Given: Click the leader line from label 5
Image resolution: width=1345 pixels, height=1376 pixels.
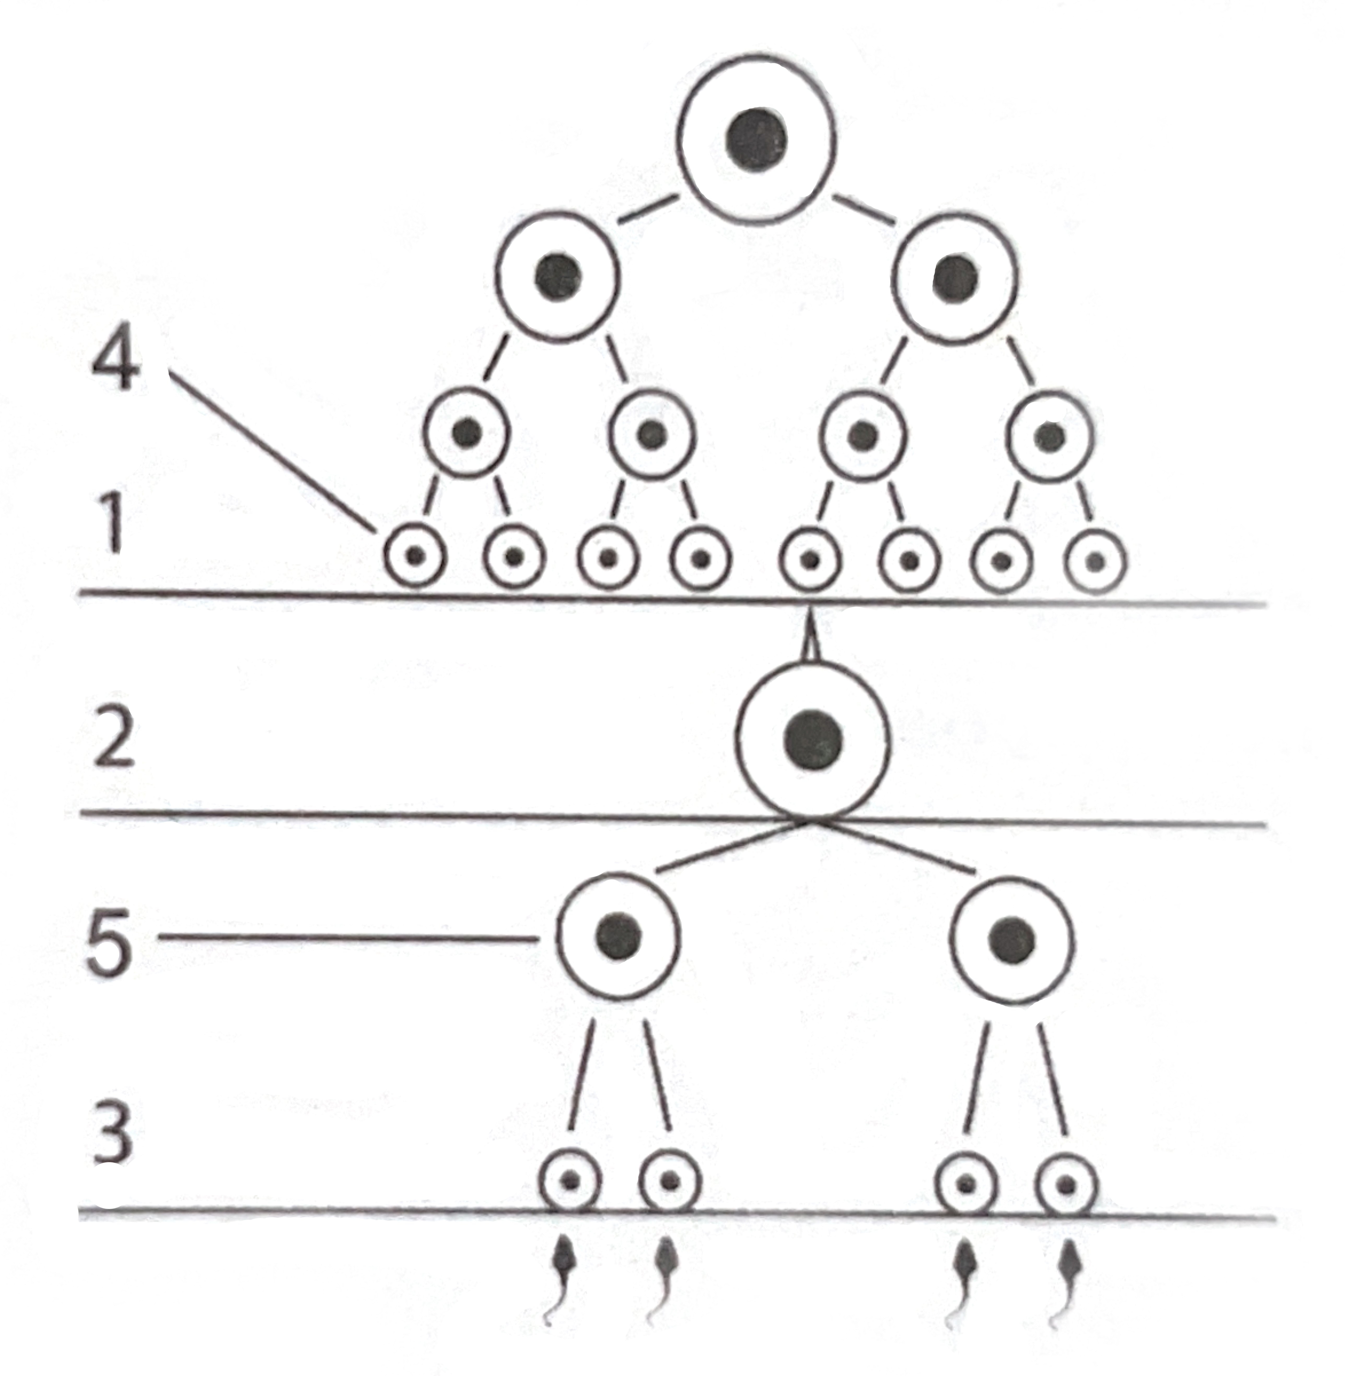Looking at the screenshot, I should tap(346, 938).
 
